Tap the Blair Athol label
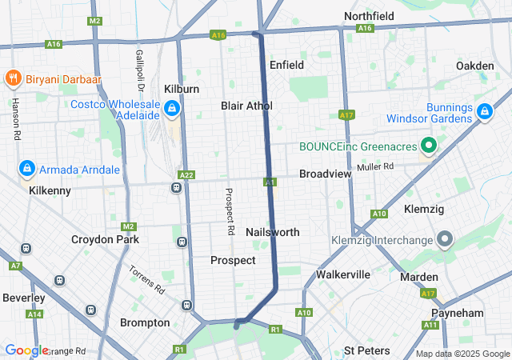tap(246, 106)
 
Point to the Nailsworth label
tap(273, 232)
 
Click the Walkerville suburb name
tap(343, 274)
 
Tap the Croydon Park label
tap(105, 239)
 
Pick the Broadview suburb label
tap(326, 174)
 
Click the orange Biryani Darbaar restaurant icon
tap(13, 78)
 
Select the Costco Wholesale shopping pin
tap(171, 108)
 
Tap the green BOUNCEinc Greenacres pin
tap(429, 146)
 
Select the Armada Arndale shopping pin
tap(27, 169)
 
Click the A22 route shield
tap(186, 174)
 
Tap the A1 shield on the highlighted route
tap(270, 183)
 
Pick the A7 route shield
tap(15, 266)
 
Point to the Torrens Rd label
tap(146, 278)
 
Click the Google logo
tap(26, 350)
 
